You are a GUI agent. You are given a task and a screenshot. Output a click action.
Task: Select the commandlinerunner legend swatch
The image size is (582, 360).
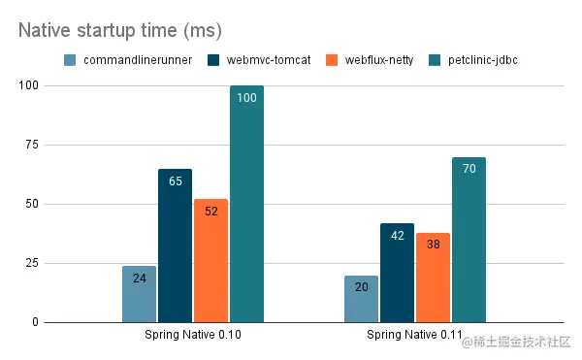tap(70, 60)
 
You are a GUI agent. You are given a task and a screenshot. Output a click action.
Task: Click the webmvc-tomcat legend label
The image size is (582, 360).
tap(261, 60)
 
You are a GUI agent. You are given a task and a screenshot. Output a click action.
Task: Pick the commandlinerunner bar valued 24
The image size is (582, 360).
tap(139, 294)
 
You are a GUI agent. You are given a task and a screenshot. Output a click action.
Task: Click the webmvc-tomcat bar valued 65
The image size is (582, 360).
tap(175, 245)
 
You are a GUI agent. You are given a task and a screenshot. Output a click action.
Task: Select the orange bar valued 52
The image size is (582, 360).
tap(210, 261)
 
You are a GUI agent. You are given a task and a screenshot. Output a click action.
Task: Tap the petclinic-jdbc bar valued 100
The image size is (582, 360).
tap(246, 204)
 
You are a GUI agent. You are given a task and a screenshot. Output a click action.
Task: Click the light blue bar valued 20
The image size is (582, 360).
tap(361, 299)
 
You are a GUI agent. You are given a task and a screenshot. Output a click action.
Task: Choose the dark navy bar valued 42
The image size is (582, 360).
tap(397, 273)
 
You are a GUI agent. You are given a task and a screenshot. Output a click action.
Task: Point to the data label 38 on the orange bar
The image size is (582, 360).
tap(433, 245)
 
